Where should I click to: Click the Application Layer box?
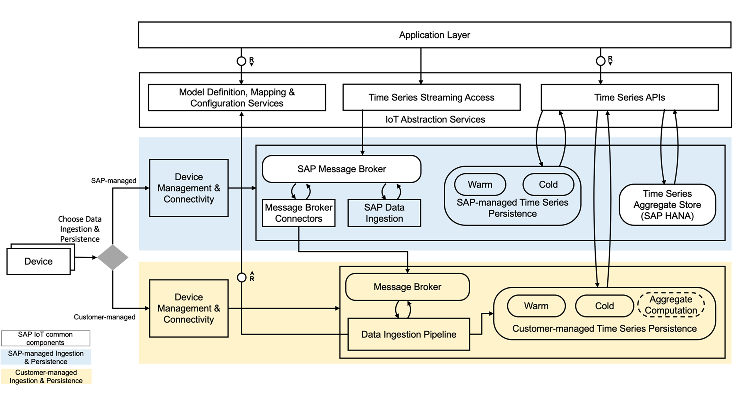[x=434, y=35]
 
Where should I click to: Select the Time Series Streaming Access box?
[x=431, y=97]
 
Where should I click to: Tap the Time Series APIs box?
[x=629, y=97]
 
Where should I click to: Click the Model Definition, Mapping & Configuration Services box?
[x=237, y=98]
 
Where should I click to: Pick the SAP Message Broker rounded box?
[x=342, y=169]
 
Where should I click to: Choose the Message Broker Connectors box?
[x=298, y=213]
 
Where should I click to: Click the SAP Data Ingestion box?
[x=384, y=213]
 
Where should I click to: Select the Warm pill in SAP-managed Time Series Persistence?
[x=480, y=185]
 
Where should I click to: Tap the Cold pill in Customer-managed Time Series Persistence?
[x=604, y=306]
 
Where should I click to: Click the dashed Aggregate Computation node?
[x=671, y=305]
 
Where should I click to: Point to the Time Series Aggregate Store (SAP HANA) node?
[x=667, y=205]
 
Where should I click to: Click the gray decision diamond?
[x=113, y=257]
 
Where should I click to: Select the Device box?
[x=38, y=261]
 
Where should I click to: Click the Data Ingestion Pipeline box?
[x=408, y=334]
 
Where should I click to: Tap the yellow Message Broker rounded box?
[x=407, y=287]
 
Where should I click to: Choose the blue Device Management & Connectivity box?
[x=189, y=188]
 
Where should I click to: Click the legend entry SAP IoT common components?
[x=45, y=338]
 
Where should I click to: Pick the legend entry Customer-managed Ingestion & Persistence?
[x=46, y=376]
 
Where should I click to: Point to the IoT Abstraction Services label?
[x=435, y=119]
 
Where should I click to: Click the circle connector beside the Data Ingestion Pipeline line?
[x=242, y=277]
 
